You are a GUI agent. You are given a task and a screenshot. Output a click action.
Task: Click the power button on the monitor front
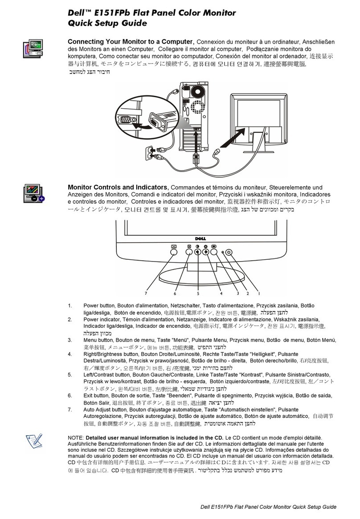(228, 252)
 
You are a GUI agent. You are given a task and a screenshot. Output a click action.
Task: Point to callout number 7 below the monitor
(145, 294)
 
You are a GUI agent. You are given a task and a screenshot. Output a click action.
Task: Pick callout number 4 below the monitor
(221, 294)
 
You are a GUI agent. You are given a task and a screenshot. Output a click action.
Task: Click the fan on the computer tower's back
(197, 92)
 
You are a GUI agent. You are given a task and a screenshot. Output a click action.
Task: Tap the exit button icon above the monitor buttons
(189, 245)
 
